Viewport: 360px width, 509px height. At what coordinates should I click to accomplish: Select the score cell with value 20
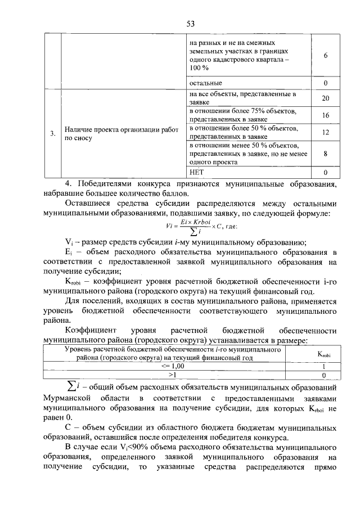(x=325, y=98)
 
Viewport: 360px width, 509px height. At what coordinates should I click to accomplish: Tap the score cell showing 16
(x=325, y=115)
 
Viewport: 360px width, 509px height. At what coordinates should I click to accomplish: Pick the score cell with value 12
(x=325, y=132)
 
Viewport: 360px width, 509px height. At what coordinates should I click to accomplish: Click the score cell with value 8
(x=325, y=153)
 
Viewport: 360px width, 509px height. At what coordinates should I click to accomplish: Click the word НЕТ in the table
(x=196, y=172)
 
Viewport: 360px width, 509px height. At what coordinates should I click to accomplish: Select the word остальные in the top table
(x=205, y=83)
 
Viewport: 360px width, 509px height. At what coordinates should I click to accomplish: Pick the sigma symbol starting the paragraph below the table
(x=71, y=387)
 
